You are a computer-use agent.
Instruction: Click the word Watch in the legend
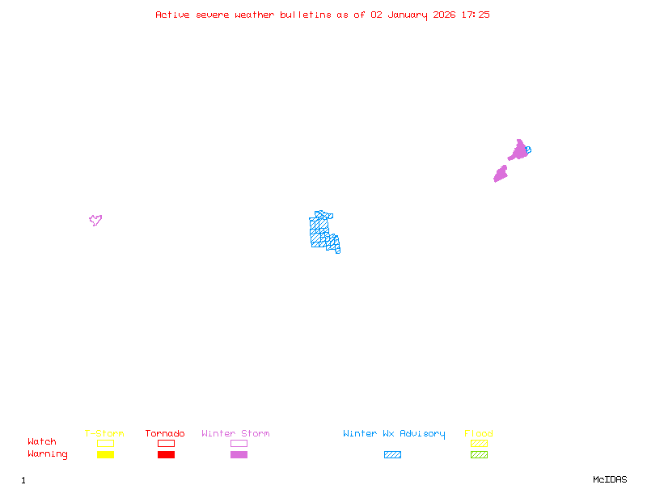[x=42, y=442]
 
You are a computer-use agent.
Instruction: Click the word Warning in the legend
[x=48, y=454]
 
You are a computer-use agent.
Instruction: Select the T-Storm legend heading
[x=104, y=434]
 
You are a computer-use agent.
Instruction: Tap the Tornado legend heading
[x=165, y=434]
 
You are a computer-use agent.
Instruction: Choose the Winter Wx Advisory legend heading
[x=394, y=434]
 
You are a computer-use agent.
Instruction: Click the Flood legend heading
[x=479, y=434]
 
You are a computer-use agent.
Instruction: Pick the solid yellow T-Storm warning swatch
[x=105, y=455]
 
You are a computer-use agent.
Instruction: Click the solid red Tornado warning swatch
[x=166, y=455]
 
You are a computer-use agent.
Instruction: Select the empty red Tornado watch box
[x=166, y=443]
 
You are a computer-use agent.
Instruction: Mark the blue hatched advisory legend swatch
[x=392, y=455]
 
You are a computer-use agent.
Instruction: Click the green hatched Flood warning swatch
[x=479, y=455]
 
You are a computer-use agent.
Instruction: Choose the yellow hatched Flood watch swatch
[x=479, y=443]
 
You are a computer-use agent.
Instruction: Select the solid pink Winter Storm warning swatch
[x=239, y=455]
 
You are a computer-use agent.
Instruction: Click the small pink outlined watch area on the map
[x=95, y=220]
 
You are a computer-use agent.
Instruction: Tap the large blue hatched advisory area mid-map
[x=323, y=231]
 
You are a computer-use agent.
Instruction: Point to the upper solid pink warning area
[x=518, y=151]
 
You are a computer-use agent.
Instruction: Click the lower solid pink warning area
[x=501, y=174]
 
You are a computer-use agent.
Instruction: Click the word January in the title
[x=406, y=15]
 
